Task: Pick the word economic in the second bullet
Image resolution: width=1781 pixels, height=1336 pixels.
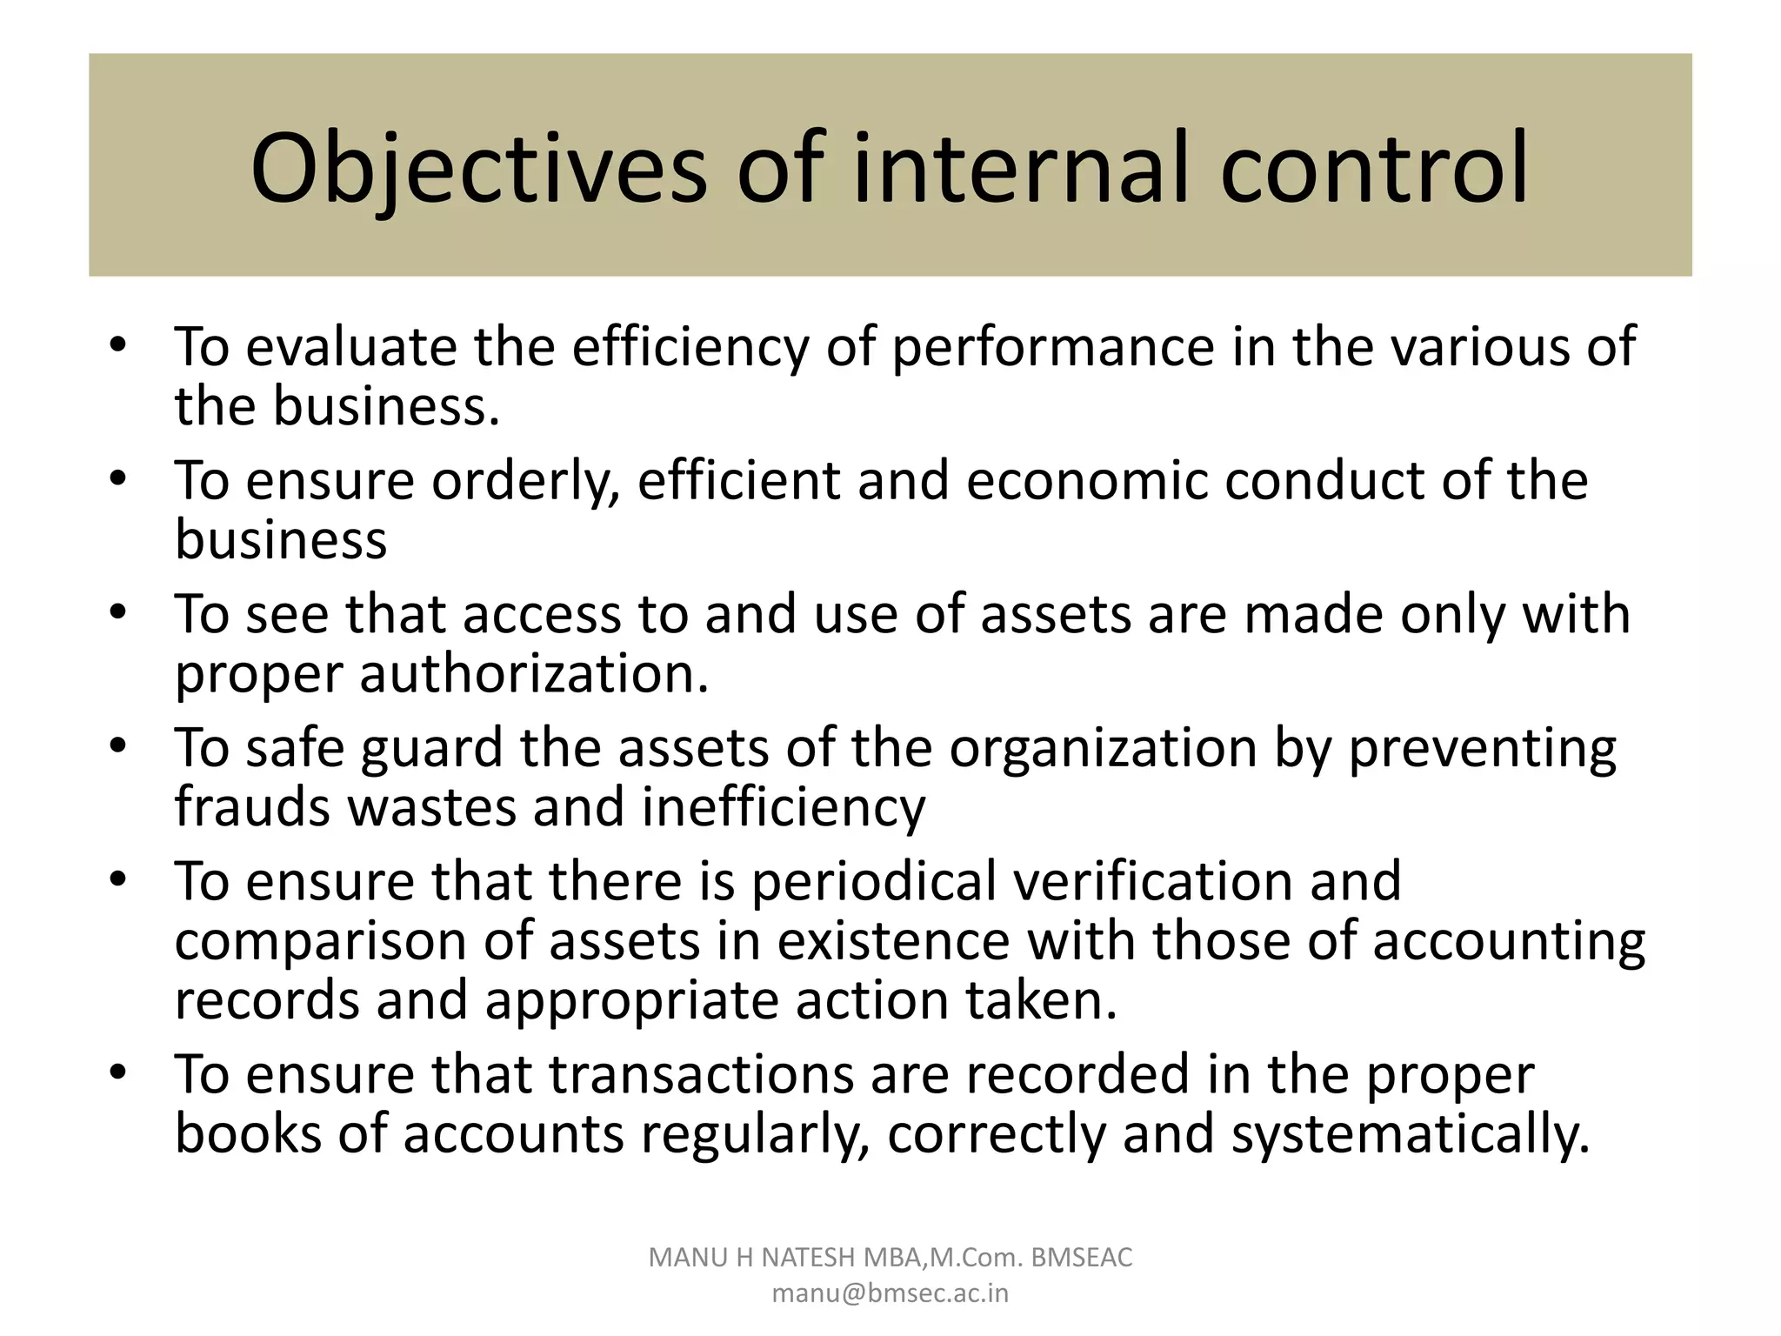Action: [x=1087, y=481]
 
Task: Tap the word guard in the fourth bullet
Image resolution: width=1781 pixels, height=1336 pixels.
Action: [x=431, y=749]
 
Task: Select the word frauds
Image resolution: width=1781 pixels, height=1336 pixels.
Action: [x=253, y=806]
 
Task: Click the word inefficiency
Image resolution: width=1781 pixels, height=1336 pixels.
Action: [x=784, y=808]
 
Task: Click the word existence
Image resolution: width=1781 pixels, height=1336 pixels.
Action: [x=893, y=940]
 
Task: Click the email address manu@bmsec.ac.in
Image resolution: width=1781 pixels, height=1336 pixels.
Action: [x=890, y=1293]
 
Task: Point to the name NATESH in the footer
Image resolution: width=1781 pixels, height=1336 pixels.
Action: [x=808, y=1258]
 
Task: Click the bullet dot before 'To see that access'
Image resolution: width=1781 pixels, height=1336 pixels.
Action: [x=119, y=612]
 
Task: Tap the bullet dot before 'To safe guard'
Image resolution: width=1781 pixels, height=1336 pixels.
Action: [x=119, y=746]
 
